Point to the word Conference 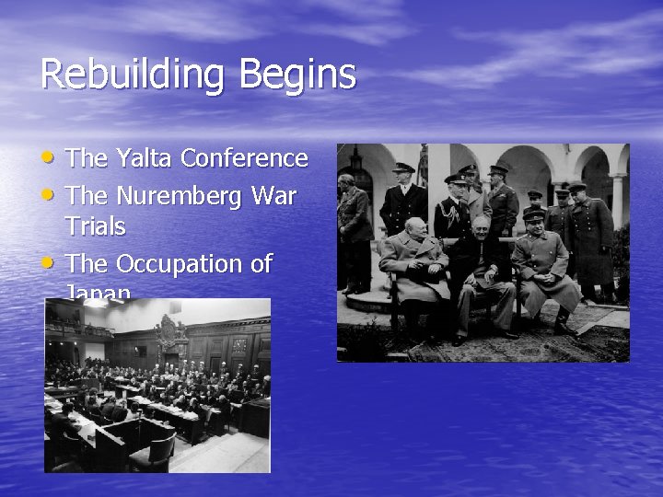click(244, 158)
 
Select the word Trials click(95, 226)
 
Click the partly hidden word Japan click(98, 294)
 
